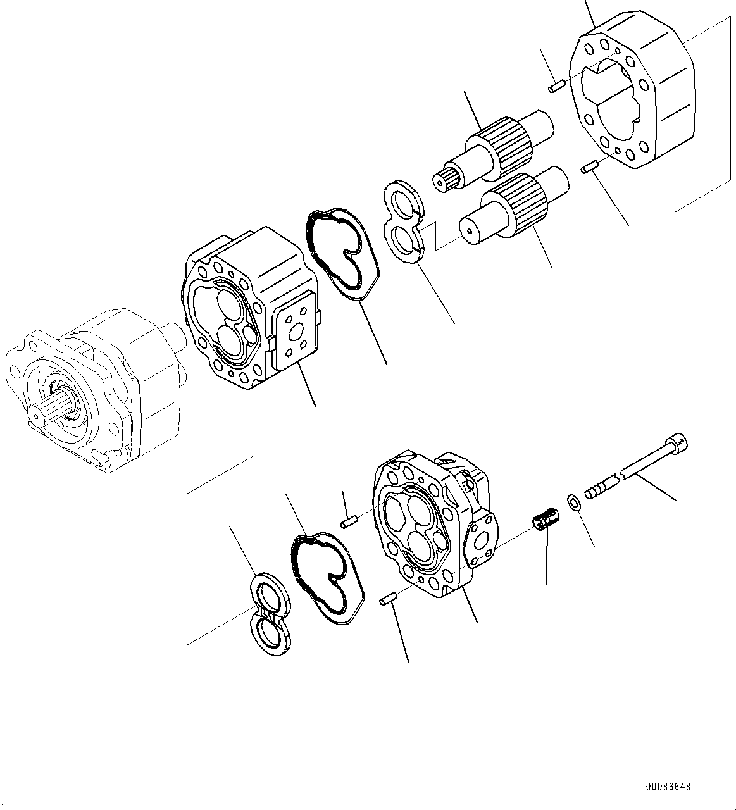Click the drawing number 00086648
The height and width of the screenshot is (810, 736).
coord(668,787)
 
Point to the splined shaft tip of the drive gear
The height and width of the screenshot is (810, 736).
coord(447,181)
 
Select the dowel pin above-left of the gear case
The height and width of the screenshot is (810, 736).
coord(556,85)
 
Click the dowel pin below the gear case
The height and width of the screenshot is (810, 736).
coord(590,168)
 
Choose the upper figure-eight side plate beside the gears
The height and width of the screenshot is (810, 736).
coord(403,220)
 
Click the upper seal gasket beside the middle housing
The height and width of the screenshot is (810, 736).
coord(344,251)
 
